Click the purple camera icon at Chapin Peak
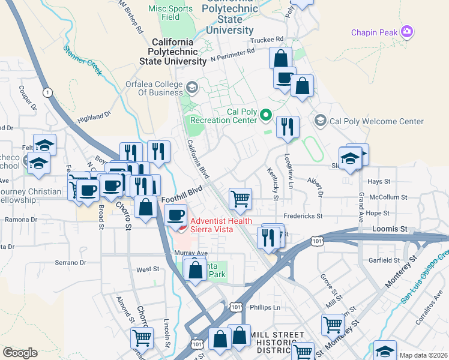point(408,31)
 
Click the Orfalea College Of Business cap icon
point(191,88)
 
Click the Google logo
point(20,352)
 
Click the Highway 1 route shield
point(46,92)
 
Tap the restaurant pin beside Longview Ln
point(288,126)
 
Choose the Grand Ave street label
point(361,200)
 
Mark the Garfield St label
point(385,260)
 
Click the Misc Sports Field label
point(171,13)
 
